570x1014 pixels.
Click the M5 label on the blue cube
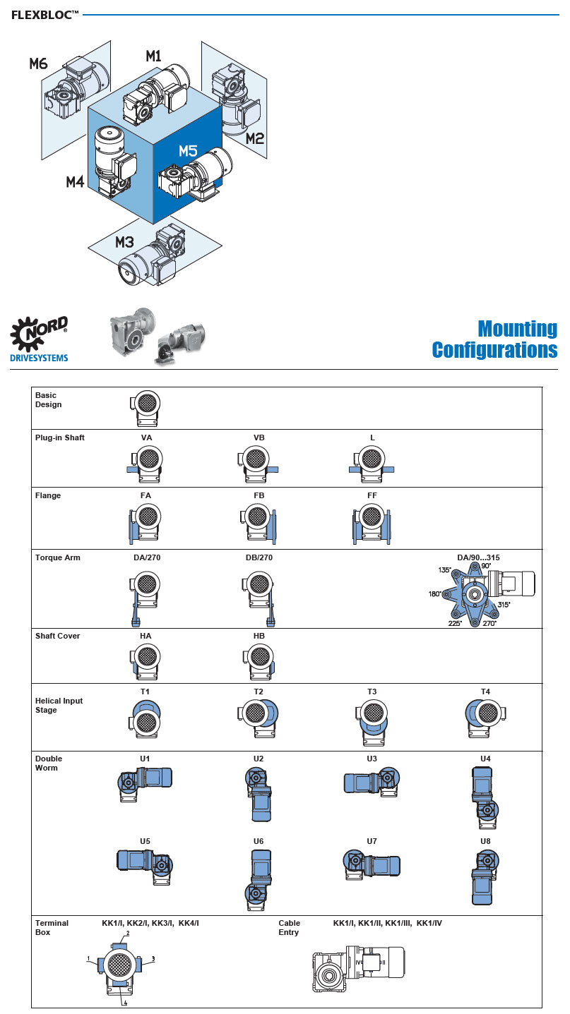click(x=188, y=150)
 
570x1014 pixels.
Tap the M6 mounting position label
click(x=38, y=64)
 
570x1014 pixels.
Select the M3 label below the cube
click(x=124, y=243)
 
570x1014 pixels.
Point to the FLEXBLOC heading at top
click(x=44, y=14)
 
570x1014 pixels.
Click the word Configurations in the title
click(x=494, y=349)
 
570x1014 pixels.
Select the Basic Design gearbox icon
click(x=146, y=409)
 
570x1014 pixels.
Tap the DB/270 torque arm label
click(x=259, y=557)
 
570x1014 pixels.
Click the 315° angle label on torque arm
click(x=502, y=605)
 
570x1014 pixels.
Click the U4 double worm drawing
click(x=485, y=797)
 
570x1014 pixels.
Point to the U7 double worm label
click(x=372, y=841)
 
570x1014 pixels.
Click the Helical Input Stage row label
click(x=59, y=705)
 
